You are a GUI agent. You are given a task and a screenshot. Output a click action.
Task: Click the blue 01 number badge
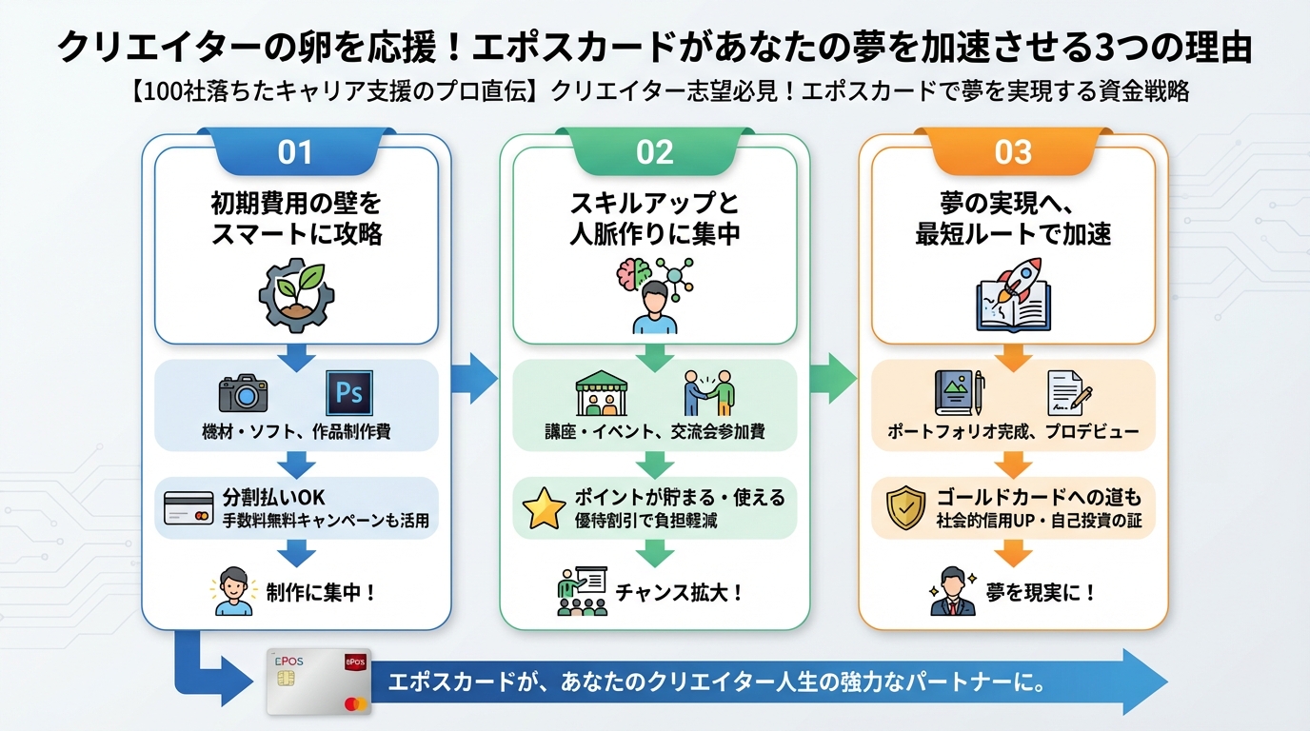(x=295, y=152)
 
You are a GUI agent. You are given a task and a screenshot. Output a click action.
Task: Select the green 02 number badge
(x=654, y=152)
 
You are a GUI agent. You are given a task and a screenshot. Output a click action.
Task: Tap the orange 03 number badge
(x=1013, y=152)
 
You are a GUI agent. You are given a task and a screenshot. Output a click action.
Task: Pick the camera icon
(x=243, y=393)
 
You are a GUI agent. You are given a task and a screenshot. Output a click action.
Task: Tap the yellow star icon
(x=546, y=508)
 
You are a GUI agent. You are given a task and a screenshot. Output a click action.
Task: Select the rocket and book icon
(x=1013, y=293)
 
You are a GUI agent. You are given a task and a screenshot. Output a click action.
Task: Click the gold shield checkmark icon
(x=903, y=508)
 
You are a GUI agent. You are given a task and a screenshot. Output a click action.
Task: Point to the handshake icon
(x=709, y=392)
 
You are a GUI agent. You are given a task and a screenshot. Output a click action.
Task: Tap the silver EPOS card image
(x=318, y=682)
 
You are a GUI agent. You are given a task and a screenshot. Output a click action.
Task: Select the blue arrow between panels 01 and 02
(x=474, y=378)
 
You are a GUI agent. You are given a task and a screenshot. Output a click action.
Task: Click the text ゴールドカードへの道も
(x=1040, y=498)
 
